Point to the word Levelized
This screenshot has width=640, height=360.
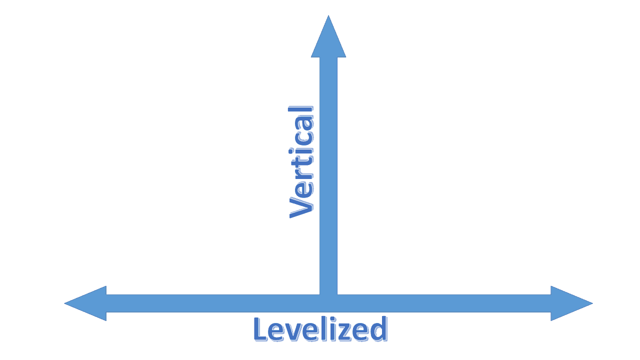coord(320,329)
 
